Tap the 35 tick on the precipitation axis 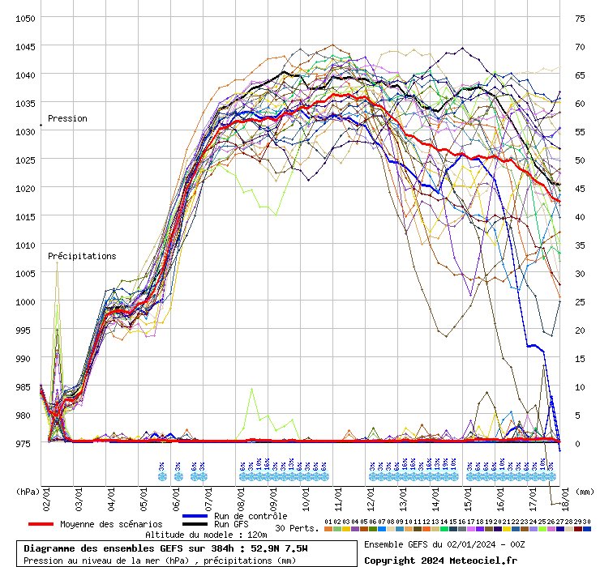point(579,245)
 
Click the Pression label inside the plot point(67,118)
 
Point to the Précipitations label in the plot point(82,256)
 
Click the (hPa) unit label point(28,490)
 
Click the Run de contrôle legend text point(251,516)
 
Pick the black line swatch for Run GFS point(195,524)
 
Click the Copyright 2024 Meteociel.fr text point(440,560)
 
